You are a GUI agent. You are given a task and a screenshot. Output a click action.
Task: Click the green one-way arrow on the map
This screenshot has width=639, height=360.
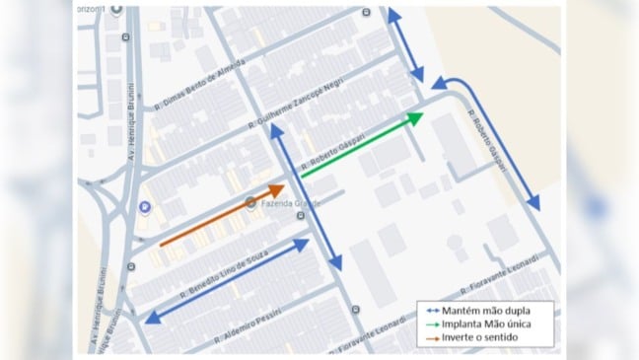point(361,145)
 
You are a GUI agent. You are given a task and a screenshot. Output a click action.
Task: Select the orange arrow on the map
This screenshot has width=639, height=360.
point(222,214)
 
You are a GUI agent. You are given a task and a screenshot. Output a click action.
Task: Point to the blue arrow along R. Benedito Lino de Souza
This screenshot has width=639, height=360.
point(228,280)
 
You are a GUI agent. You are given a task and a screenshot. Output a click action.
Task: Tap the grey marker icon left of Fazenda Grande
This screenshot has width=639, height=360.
point(250,204)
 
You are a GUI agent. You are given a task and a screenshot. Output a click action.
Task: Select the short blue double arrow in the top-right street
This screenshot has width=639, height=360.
point(404,45)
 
